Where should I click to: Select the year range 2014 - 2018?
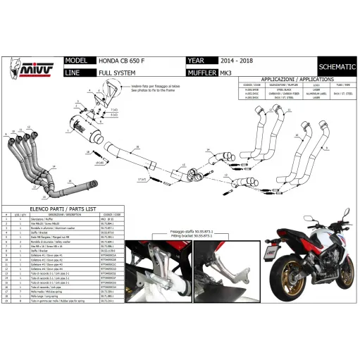pyautogui.click(x=237, y=61)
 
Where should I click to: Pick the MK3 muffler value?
pyautogui.click(x=232, y=71)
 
